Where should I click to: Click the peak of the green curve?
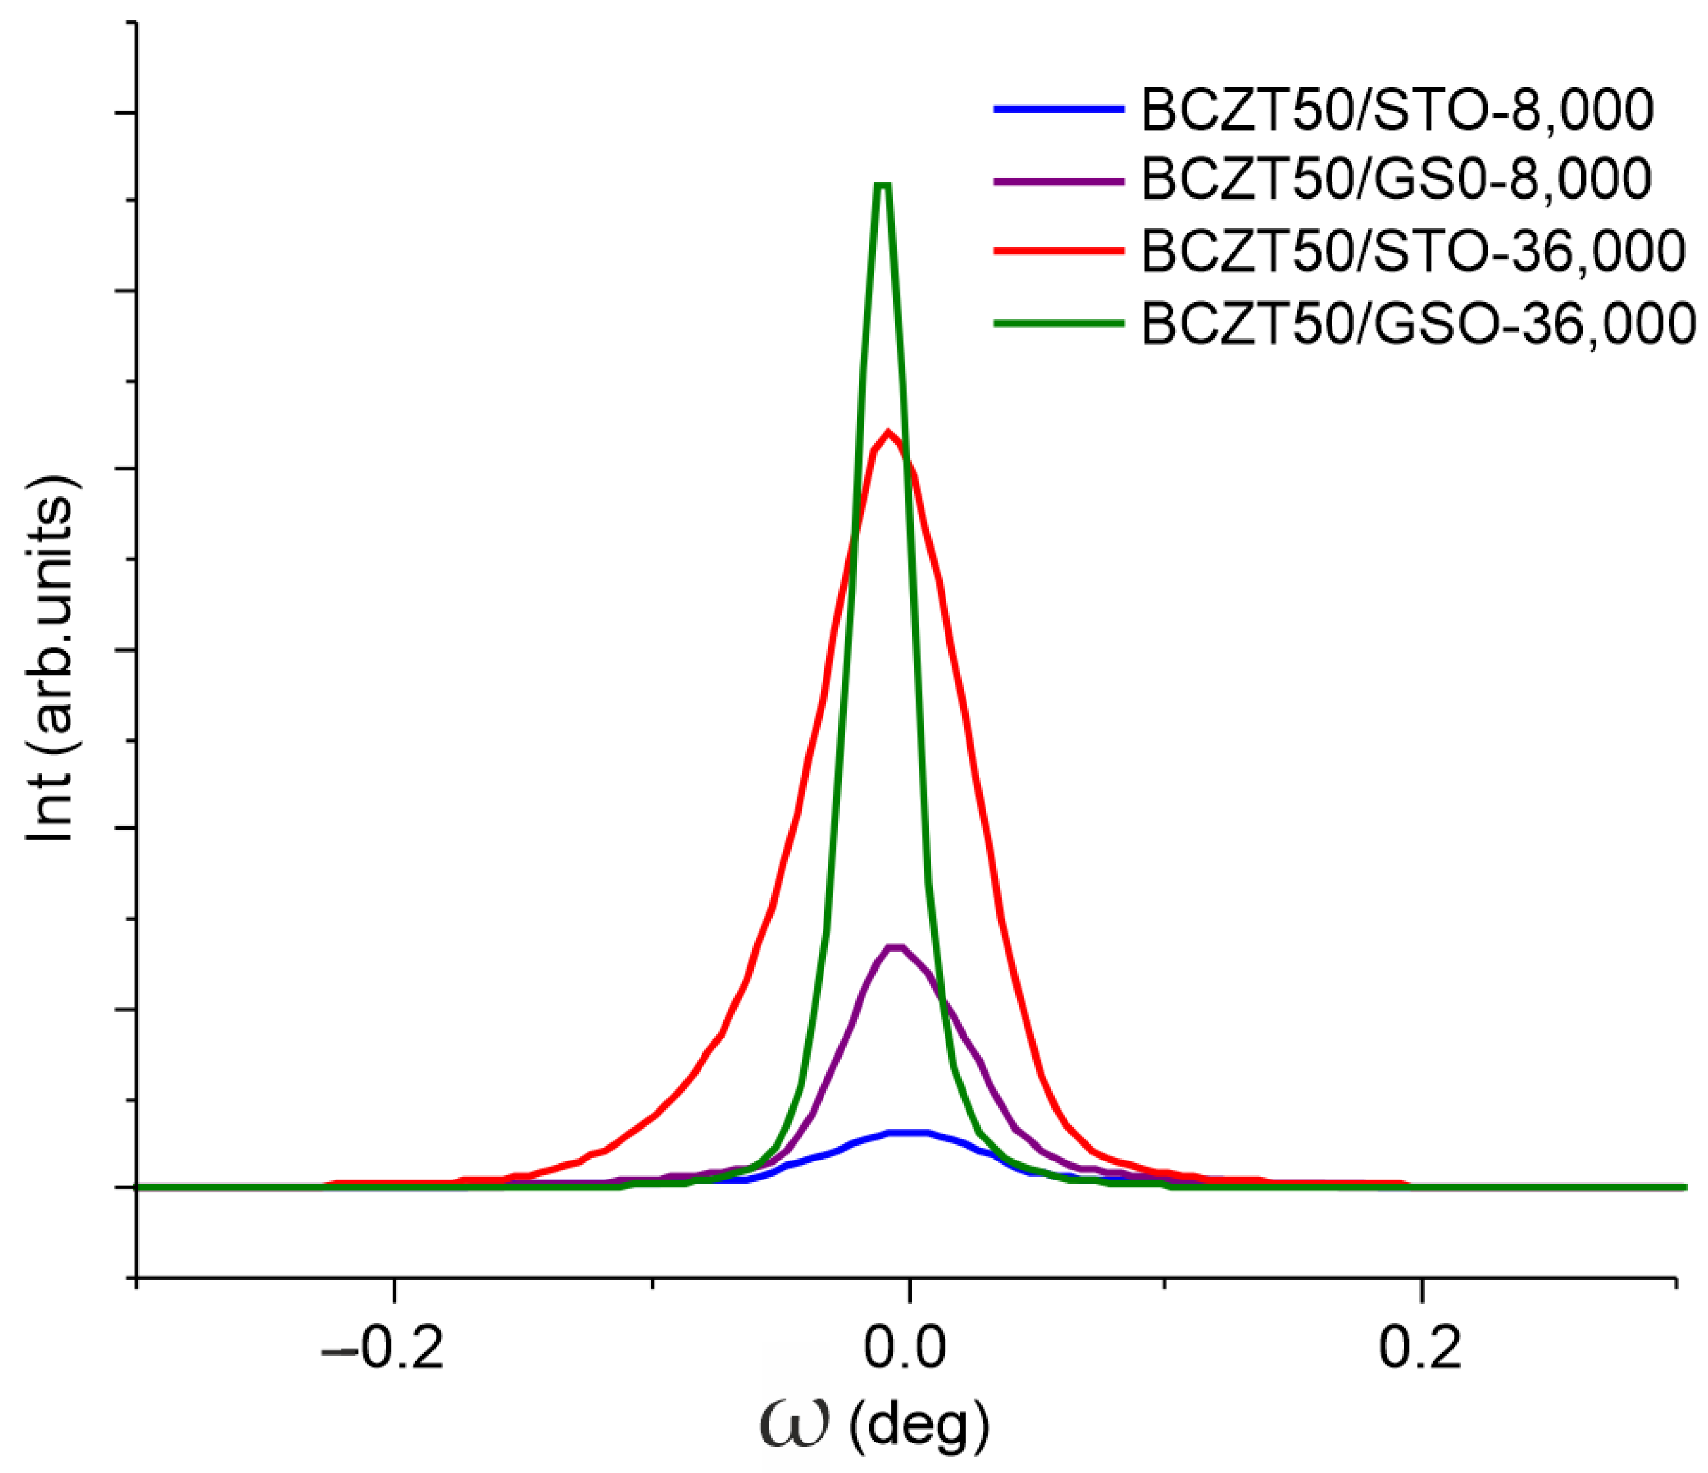(x=883, y=185)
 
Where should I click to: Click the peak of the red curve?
(x=888, y=432)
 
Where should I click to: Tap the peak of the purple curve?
(x=896, y=947)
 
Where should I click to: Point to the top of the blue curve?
(x=908, y=1132)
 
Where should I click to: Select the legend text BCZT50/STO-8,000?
(x=1396, y=109)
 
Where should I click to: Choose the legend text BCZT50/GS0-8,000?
(x=1396, y=179)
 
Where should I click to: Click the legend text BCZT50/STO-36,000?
(x=1413, y=251)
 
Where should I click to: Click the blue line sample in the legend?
(x=1059, y=109)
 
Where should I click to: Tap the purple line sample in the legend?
(x=1059, y=180)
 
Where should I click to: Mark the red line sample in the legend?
(x=1059, y=251)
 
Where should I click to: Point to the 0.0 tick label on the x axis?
(x=905, y=1349)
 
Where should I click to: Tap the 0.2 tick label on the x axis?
(x=1420, y=1349)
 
